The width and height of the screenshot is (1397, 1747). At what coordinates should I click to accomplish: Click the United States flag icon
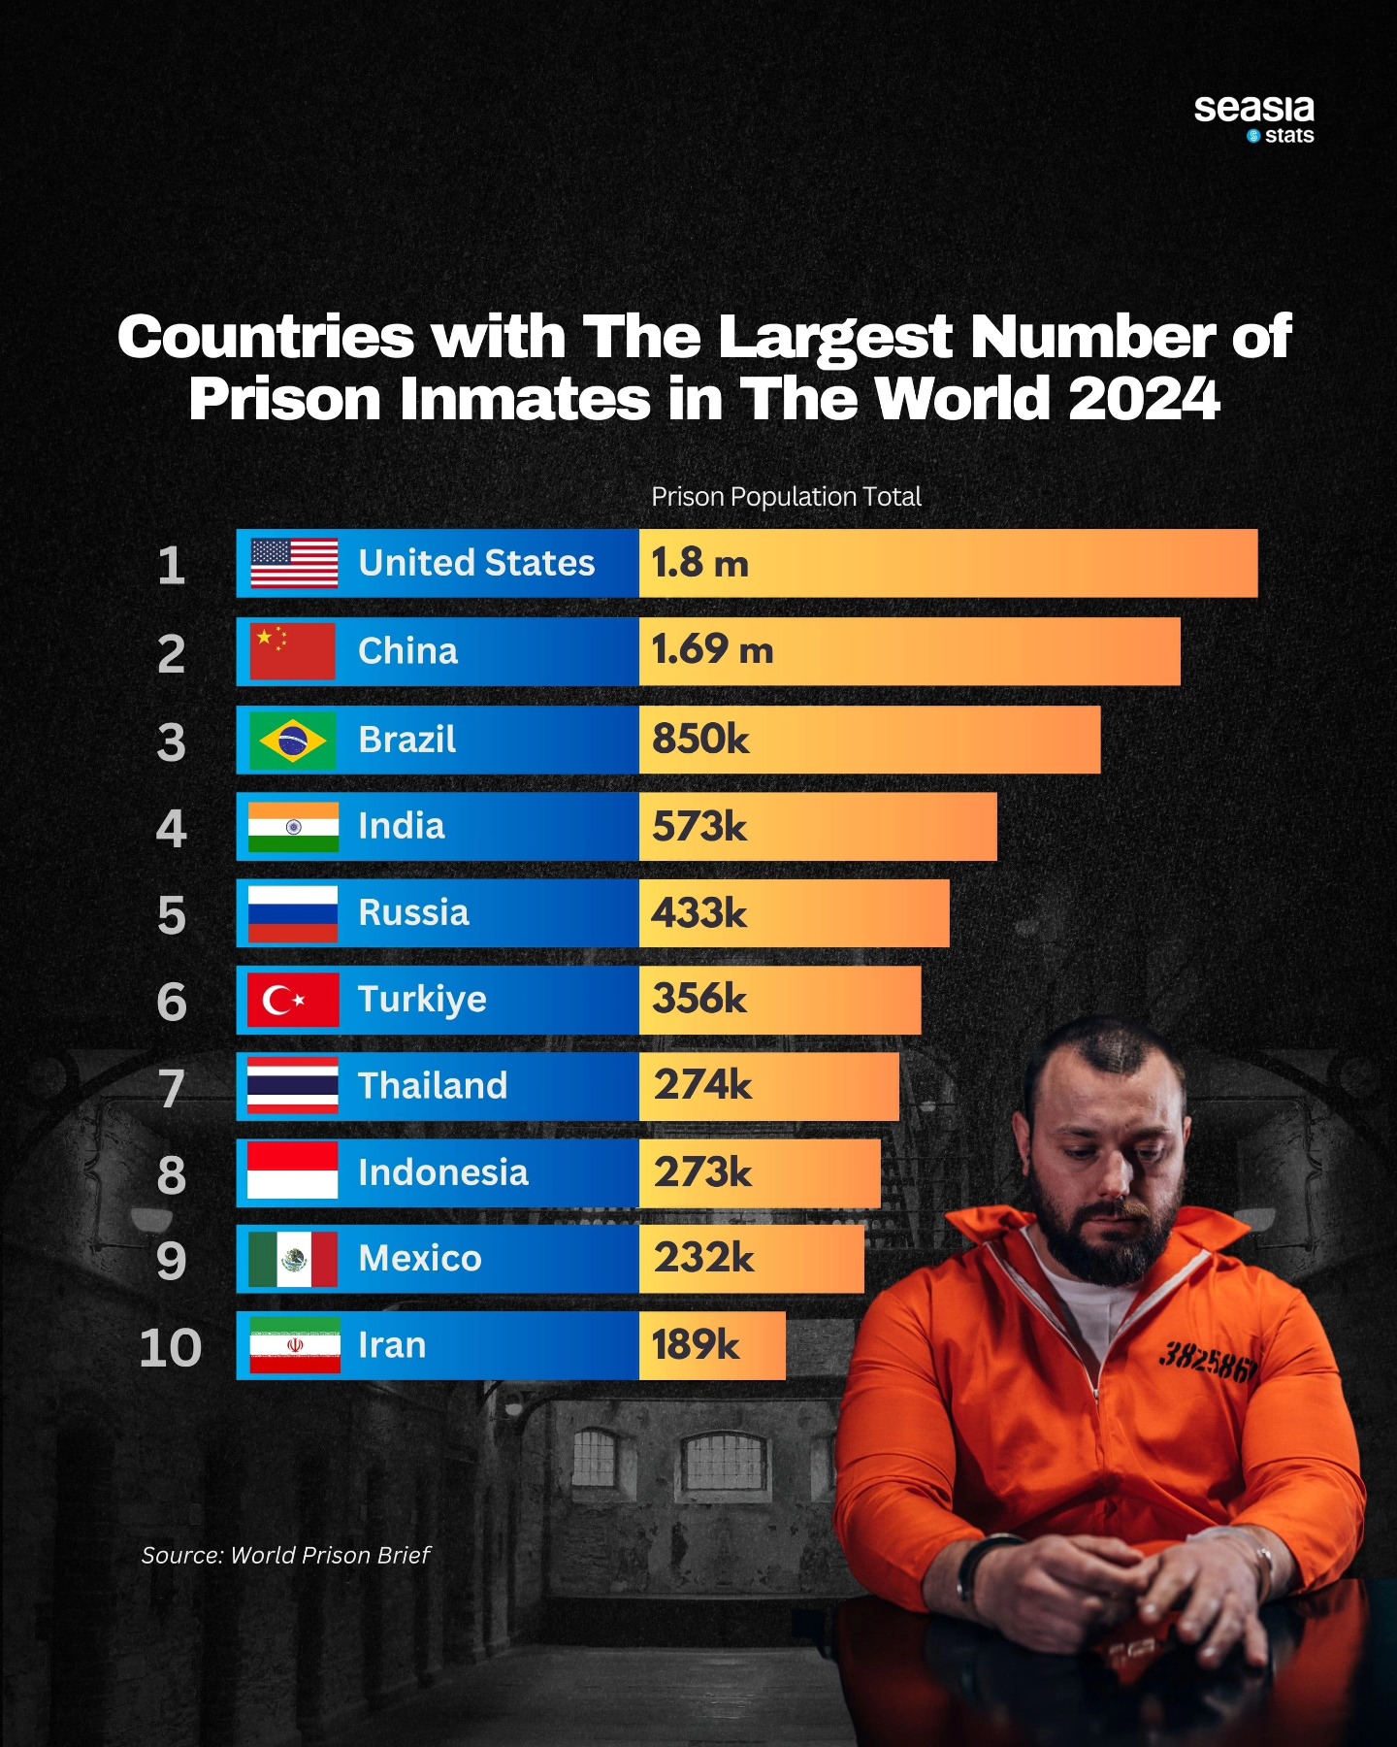[294, 563]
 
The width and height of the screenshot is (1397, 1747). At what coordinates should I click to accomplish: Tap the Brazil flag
[292, 741]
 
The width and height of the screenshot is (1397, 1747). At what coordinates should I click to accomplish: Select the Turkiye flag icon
[293, 1000]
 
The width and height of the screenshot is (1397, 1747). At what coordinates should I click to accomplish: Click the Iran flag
[295, 1345]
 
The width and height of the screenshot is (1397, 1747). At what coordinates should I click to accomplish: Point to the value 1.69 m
[712, 650]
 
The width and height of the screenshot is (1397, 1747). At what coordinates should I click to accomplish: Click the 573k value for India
[699, 827]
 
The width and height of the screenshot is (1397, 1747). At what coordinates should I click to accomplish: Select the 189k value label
[695, 1345]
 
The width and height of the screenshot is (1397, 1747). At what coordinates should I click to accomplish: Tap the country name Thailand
[433, 1086]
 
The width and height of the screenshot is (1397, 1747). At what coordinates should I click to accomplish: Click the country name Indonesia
[443, 1172]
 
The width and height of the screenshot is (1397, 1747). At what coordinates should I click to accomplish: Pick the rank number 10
[171, 1348]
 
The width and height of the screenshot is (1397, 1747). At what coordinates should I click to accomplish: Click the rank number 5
[172, 915]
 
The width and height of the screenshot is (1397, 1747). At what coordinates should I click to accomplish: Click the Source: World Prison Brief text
[285, 1555]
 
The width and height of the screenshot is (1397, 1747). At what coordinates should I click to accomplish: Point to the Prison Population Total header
[786, 497]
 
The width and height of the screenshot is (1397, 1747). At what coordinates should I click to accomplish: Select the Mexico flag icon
[293, 1259]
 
